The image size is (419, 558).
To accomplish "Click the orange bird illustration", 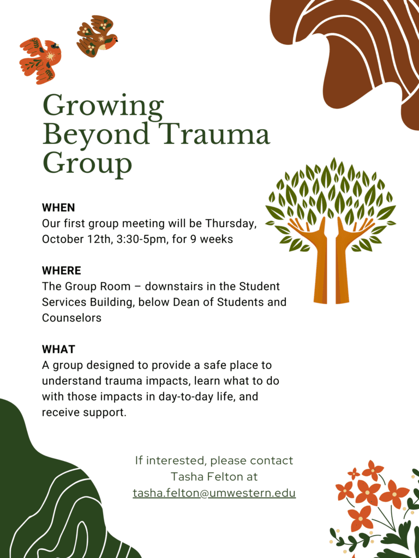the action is [40, 61].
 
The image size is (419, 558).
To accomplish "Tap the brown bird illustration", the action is [96, 36].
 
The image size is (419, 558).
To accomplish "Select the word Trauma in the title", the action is [217, 135].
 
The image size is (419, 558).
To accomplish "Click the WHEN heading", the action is [58, 208].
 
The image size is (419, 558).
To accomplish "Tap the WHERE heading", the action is [62, 271].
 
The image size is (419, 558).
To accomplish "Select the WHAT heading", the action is [59, 349].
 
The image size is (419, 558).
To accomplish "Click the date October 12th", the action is [76, 239].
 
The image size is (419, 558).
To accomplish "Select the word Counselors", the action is [71, 318].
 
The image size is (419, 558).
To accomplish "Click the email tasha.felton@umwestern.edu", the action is [214, 494].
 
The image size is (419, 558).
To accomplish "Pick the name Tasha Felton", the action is [214, 476].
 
